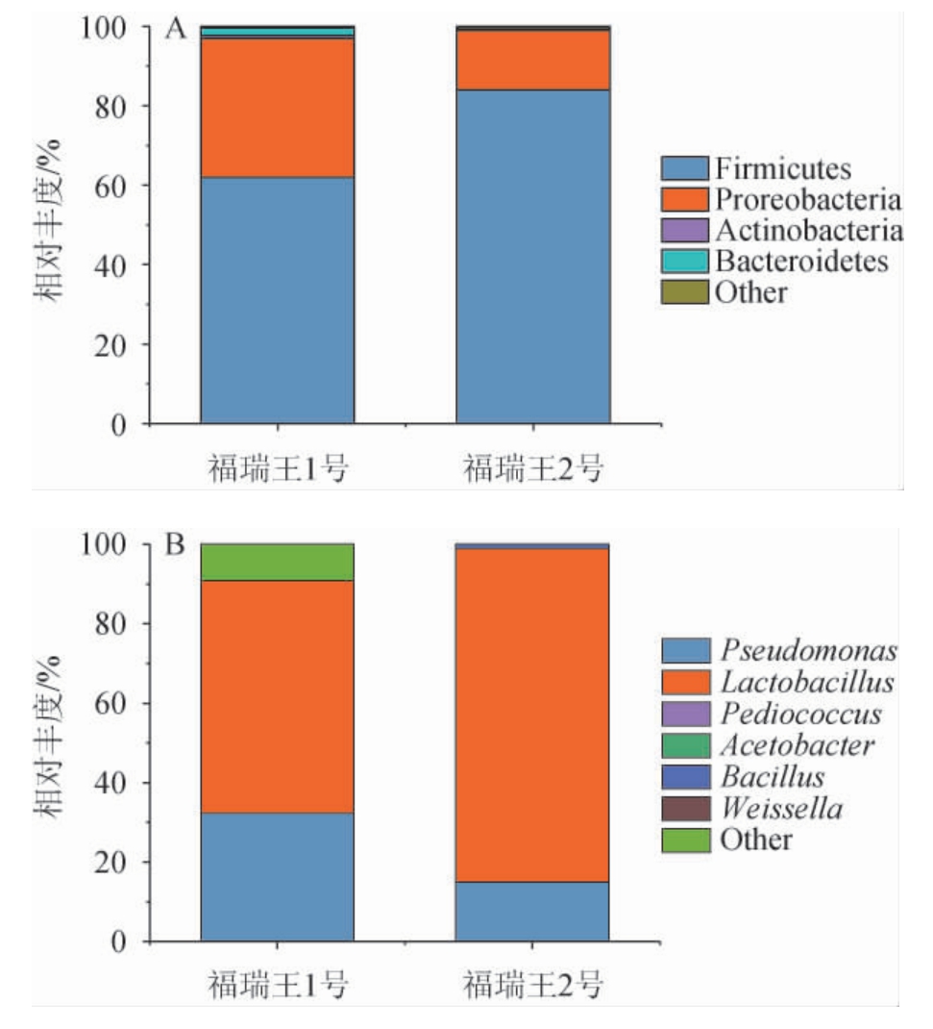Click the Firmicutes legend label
(x=781, y=169)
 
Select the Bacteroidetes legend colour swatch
(x=685, y=262)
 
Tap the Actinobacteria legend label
(x=808, y=231)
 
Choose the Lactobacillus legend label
(x=804, y=683)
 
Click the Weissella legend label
(x=778, y=809)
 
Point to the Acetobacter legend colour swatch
(x=685, y=745)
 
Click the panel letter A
(x=175, y=30)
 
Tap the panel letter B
(x=175, y=546)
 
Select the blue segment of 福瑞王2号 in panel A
(x=532, y=255)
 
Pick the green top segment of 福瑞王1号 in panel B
(x=277, y=563)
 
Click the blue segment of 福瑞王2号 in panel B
(x=531, y=911)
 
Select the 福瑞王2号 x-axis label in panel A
(x=533, y=470)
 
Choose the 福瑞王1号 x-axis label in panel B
(x=278, y=987)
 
